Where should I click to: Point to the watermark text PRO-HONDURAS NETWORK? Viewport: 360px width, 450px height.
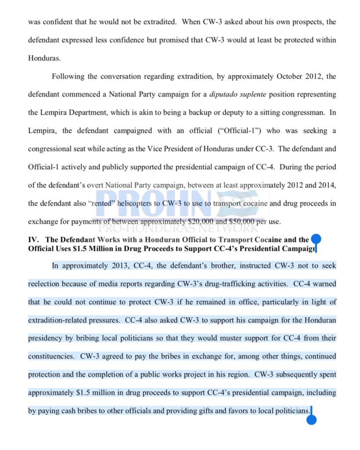pos(178,228)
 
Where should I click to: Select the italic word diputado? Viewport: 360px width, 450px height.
pos(225,94)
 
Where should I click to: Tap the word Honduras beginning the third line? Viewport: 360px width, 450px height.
pos(45,58)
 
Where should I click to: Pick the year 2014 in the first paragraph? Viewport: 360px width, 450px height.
pos(325,185)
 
